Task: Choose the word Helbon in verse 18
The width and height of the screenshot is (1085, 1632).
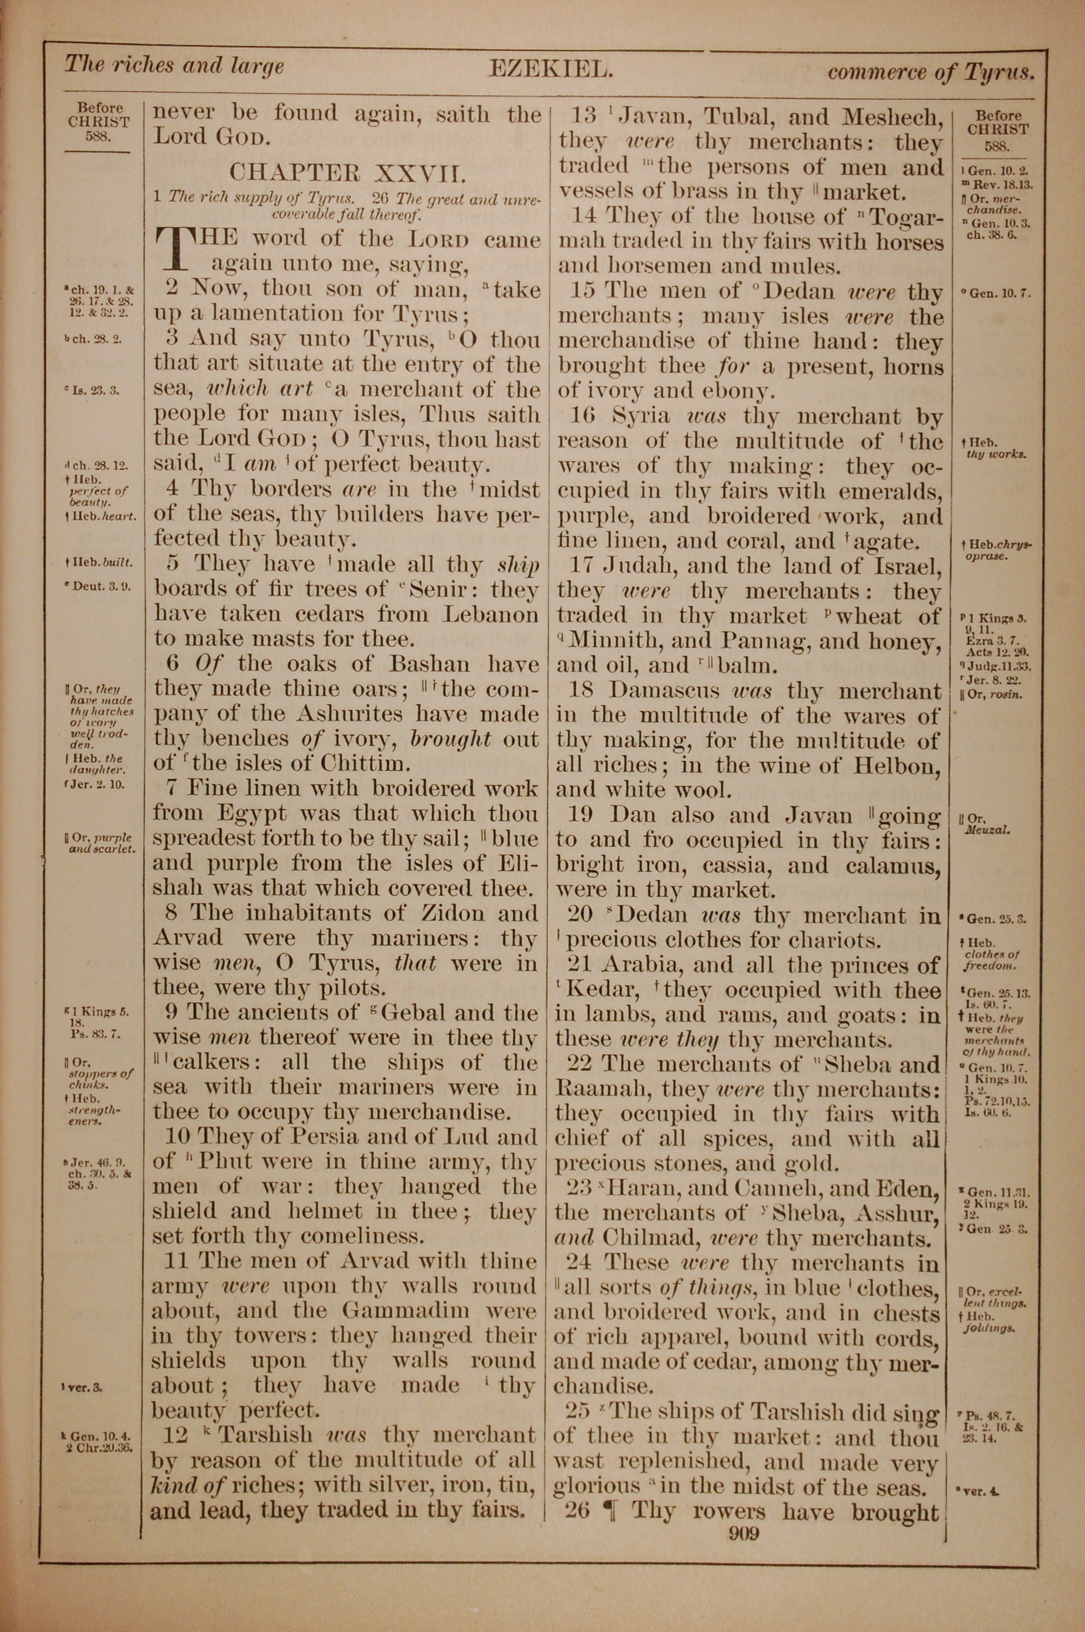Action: pyautogui.click(x=896, y=765)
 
